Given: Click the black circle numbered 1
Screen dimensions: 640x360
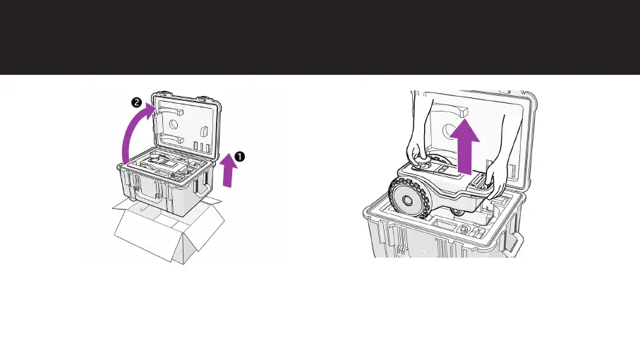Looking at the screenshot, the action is tap(239, 157).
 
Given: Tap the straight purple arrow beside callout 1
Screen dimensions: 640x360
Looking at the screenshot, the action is tap(227, 173).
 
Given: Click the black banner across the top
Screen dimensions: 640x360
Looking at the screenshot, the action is tap(320, 37).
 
